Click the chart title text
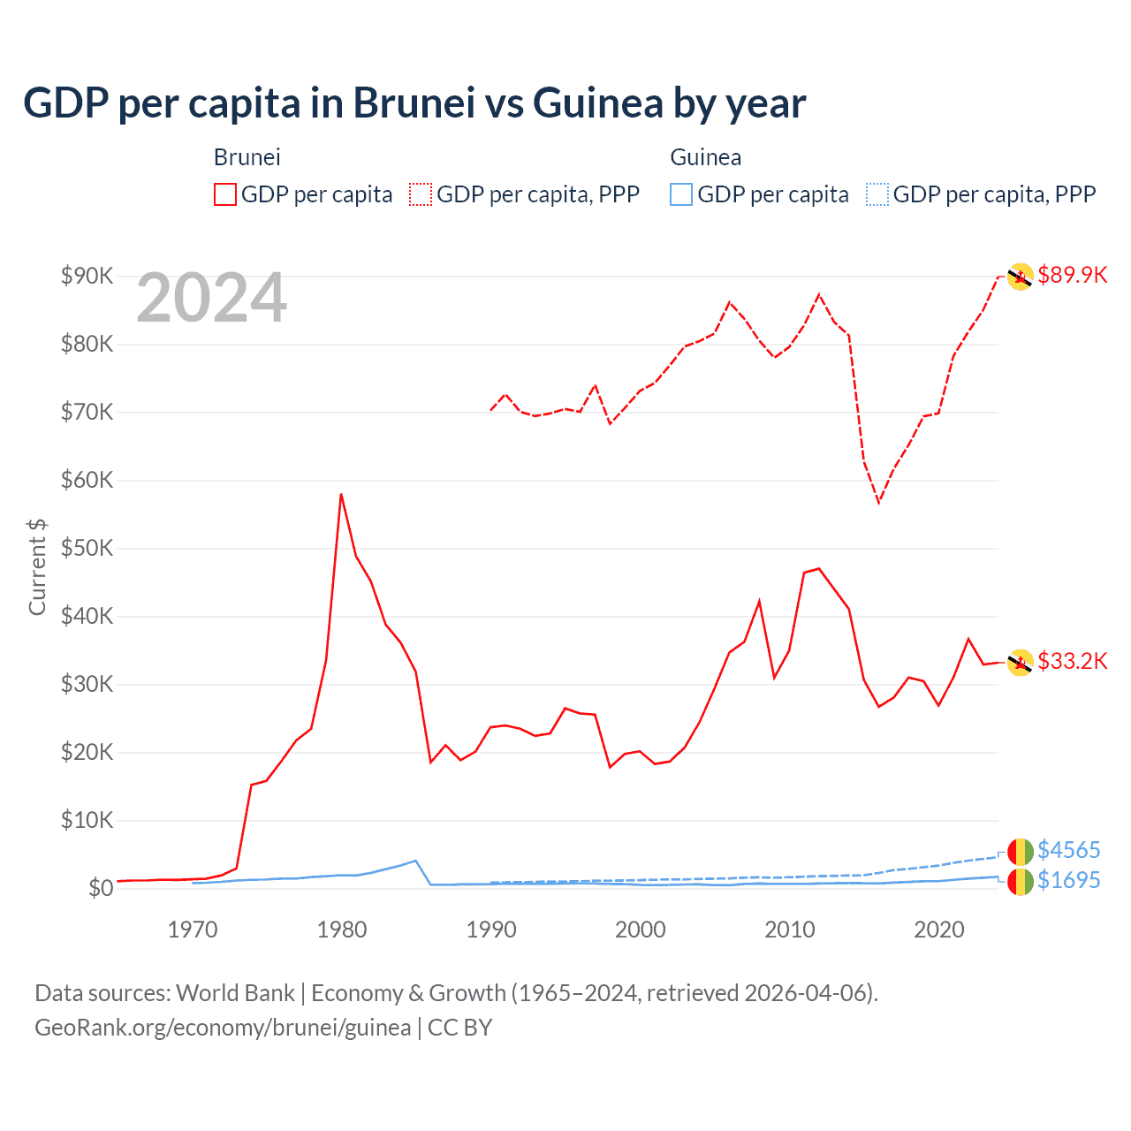tap(414, 103)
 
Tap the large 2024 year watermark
tap(211, 299)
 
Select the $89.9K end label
tap(1072, 275)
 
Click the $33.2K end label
tap(1072, 661)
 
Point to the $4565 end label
tap(1068, 850)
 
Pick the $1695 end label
tap(1068, 880)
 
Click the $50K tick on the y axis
tap(87, 548)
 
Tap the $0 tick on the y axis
tap(101, 888)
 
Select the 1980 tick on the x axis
tap(342, 930)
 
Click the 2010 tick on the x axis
tap(790, 930)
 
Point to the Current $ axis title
tap(37, 566)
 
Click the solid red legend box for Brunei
tap(225, 194)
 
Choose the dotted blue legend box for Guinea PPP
tap(877, 194)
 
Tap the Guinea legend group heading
tap(705, 157)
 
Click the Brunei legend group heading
tap(247, 157)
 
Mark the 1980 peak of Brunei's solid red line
tap(341, 495)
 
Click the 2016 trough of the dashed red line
tap(878, 502)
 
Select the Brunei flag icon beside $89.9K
tap(1021, 277)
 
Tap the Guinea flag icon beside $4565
tap(1021, 851)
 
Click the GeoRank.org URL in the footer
tap(223, 1028)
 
